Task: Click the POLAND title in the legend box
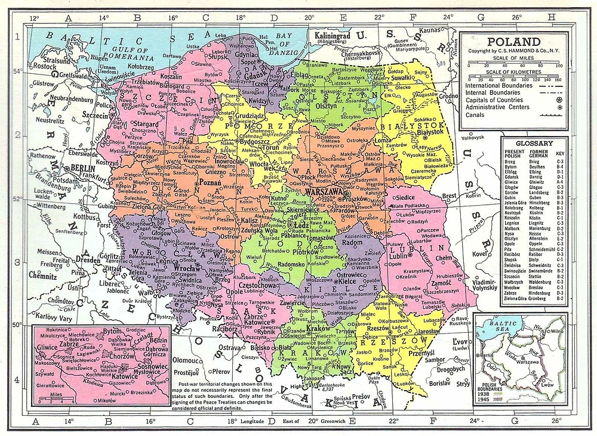tap(514, 42)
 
